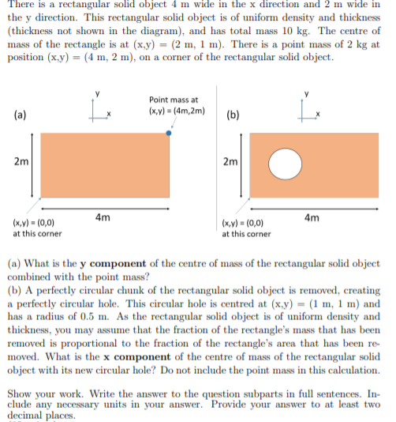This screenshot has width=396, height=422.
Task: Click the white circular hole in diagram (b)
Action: (x=286, y=164)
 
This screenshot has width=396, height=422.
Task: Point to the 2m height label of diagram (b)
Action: (x=230, y=163)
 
